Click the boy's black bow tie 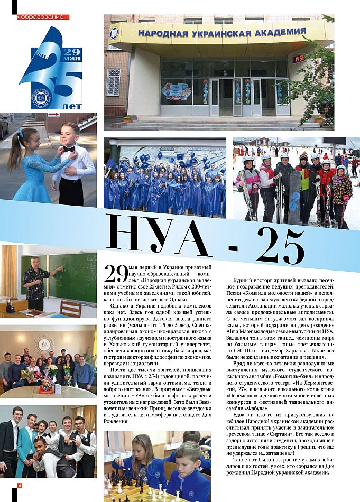[x=68, y=150]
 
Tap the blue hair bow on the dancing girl [x=20, y=132]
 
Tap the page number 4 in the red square [x=20, y=485]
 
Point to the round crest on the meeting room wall [x=44, y=343]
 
